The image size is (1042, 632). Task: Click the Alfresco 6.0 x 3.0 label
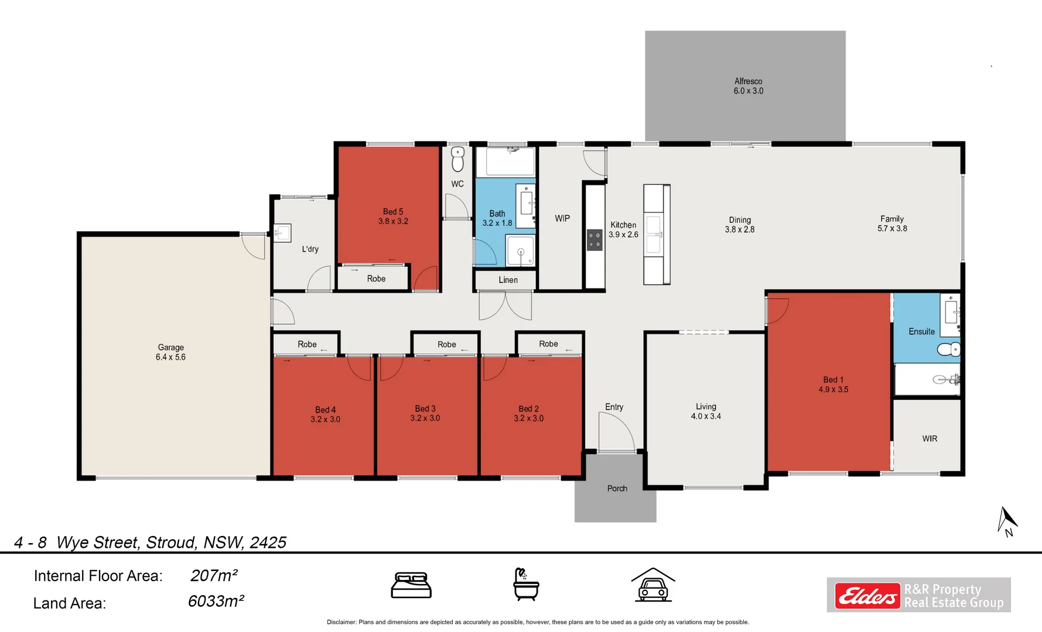pos(748,86)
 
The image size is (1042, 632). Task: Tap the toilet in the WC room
pos(457,159)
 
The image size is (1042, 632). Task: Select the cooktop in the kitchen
pos(595,240)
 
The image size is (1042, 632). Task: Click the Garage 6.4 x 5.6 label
pos(170,352)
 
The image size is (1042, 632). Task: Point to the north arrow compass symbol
pos(1007,521)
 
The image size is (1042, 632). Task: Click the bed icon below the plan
pos(411,585)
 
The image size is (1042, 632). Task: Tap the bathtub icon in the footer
pos(525,585)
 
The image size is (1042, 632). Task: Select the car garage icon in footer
pos(652,585)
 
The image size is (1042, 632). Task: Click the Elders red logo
pos(867,596)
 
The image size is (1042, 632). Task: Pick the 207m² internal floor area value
pos(214,576)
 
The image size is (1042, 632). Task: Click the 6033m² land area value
pos(216,602)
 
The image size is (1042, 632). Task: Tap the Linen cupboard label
pos(508,280)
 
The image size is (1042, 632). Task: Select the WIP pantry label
pos(562,218)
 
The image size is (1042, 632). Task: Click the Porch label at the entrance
pos(617,489)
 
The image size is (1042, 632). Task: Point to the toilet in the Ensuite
pos(948,350)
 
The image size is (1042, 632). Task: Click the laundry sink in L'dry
pos(282,233)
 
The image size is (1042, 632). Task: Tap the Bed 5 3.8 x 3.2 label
pos(393,217)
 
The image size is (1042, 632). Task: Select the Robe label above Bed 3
pos(446,345)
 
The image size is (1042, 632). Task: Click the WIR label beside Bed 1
pos(930,439)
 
